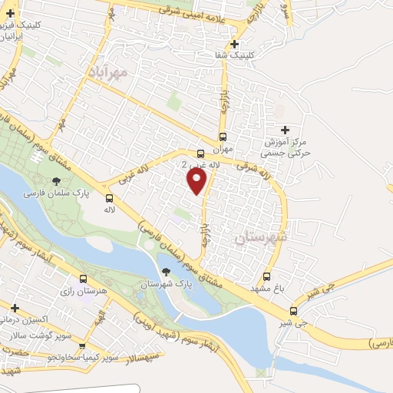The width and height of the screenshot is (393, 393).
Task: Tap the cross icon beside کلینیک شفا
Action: click(234, 44)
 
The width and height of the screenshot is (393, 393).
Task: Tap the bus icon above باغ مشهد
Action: click(267, 276)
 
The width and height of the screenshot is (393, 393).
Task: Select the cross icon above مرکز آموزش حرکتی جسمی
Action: click(286, 130)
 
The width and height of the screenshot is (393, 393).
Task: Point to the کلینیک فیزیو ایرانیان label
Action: click(24, 30)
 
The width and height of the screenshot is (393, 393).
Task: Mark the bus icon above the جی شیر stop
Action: click(293, 311)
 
